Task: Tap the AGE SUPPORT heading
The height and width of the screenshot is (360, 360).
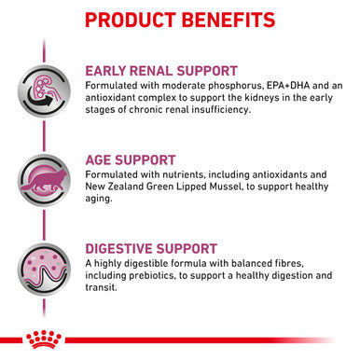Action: coord(139,159)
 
